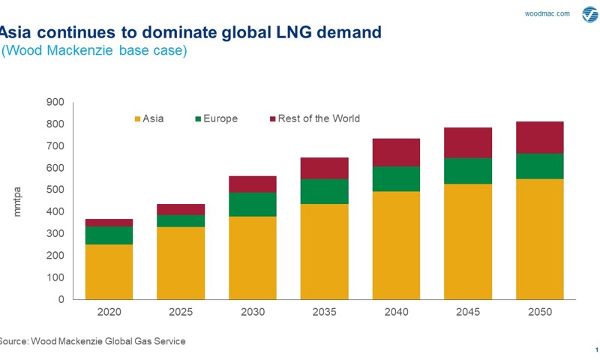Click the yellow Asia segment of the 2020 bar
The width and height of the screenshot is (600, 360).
(109, 271)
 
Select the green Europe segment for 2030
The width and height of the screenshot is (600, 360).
(253, 204)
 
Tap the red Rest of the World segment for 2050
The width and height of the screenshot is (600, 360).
(539, 137)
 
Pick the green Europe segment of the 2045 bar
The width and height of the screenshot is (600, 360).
(468, 171)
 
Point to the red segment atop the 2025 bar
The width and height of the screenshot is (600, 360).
(181, 209)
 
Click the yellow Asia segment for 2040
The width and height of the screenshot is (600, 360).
(396, 245)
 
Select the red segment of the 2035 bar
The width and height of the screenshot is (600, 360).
(324, 168)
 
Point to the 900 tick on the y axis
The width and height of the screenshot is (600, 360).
(56, 102)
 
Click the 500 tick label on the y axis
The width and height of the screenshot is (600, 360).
(56, 190)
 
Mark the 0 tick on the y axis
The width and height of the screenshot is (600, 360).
(61, 299)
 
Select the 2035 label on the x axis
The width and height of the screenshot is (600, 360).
(324, 312)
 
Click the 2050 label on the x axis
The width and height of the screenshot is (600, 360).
(539, 312)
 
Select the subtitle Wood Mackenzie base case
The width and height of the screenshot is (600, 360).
(94, 51)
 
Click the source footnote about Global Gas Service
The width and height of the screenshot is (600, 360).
(91, 341)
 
